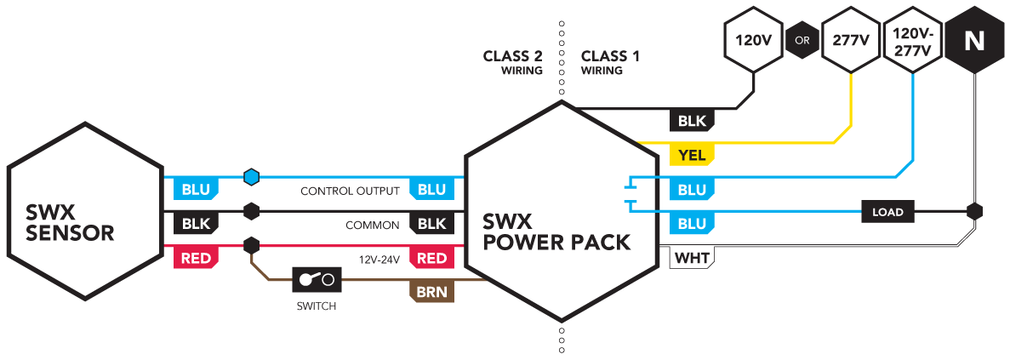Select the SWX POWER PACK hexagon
pyautogui.click(x=561, y=211)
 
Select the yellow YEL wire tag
pyautogui.click(x=693, y=155)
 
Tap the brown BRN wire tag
pyautogui.click(x=431, y=292)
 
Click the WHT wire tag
pyautogui.click(x=693, y=258)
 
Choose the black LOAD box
pyautogui.click(x=887, y=211)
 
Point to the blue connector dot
pyautogui.click(x=250, y=176)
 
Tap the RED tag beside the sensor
pyautogui.click(x=197, y=258)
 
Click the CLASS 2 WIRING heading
pyautogui.click(x=513, y=62)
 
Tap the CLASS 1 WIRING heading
pyautogui.click(x=610, y=62)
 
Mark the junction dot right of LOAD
pyautogui.click(x=974, y=211)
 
